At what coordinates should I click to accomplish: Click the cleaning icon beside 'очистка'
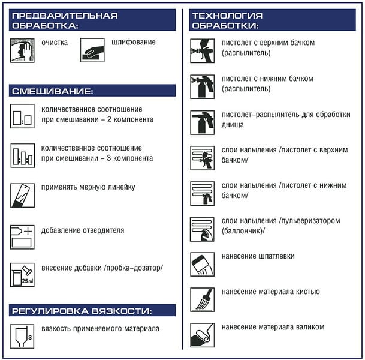22,50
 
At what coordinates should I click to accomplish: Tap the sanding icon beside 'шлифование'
92,50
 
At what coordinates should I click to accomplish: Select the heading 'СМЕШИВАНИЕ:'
52,91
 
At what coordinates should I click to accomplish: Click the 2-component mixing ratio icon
22,116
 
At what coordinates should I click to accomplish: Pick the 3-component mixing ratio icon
22,155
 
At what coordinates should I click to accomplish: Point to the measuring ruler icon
22,195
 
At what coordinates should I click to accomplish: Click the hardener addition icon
22,236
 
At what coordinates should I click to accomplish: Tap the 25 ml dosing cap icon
22,275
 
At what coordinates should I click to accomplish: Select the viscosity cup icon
22,336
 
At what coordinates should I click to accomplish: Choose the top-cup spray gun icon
202,50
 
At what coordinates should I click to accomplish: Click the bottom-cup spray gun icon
202,86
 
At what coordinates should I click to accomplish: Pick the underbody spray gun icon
202,122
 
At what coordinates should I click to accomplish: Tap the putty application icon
202,264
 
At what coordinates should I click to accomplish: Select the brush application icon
202,299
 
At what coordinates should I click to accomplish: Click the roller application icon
202,335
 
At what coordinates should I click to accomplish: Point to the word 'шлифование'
134,43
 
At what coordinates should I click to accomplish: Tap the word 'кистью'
307,292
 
